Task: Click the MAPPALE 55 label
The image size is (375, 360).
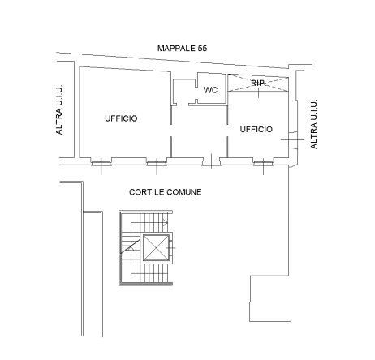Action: coord(182,49)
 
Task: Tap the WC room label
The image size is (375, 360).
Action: coord(210,90)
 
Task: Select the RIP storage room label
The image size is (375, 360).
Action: coord(257,83)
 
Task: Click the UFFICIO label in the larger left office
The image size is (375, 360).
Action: coord(121,118)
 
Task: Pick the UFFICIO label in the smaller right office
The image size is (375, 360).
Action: coord(256,130)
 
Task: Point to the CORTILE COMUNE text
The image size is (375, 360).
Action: coord(166,192)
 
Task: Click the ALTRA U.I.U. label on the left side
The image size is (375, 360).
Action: coord(59,109)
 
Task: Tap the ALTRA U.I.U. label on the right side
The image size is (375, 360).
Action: coord(313,124)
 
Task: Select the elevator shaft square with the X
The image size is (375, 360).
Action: coord(156,248)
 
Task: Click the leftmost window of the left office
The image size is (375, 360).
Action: coord(101,162)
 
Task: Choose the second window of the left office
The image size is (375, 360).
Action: coord(157,162)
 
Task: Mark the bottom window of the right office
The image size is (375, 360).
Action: coord(263,162)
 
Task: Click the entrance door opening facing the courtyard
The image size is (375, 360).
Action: coord(211,161)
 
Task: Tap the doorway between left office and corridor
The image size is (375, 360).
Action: coord(171,131)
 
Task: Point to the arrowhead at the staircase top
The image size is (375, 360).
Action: coord(166,223)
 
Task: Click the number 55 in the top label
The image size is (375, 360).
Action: coord(203,49)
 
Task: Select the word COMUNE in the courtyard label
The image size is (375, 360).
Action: coord(183,192)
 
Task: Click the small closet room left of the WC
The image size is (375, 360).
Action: coord(184,92)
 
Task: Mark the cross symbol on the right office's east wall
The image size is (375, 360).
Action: coord(292,139)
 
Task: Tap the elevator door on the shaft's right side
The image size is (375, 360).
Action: coord(170,248)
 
